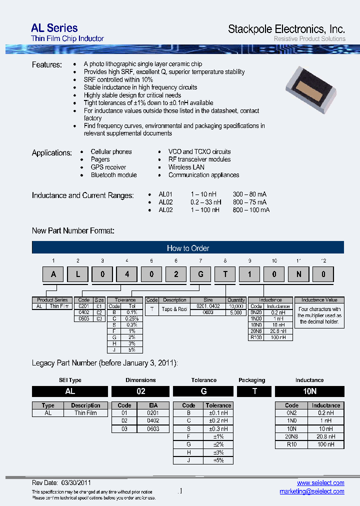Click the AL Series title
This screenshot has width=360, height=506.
coord(54,28)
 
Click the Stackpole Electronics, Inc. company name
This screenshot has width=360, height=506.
coord(286,29)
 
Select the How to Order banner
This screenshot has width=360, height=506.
coord(188,248)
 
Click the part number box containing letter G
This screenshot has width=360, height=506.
coord(200,274)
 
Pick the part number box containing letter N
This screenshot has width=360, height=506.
coord(299,274)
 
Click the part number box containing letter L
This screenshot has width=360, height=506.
coord(77,274)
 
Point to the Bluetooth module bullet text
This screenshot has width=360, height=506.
coord(113,175)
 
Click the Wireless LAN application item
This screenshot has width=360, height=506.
coord(186,167)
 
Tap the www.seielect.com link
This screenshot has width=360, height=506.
coord(320,482)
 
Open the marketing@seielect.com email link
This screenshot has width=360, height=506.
coord(312,491)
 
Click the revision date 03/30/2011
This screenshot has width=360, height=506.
coord(76,483)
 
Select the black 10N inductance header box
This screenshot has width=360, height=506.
coord(309,391)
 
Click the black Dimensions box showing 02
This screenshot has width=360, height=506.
coord(141,391)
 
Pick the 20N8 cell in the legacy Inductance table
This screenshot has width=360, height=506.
coord(291,436)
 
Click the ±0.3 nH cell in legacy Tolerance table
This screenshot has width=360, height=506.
coord(218,428)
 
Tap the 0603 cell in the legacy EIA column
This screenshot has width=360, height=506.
coord(153,428)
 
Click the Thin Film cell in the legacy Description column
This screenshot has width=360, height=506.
coord(85,413)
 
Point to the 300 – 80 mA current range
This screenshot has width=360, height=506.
coord(249,194)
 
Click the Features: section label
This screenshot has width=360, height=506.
coord(47,65)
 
